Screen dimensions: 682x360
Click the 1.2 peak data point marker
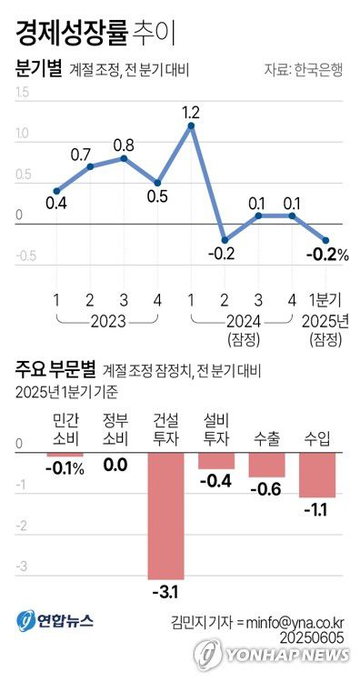tap(191, 125)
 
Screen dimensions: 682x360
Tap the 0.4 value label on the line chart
tap(55, 203)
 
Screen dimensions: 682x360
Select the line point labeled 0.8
tap(124, 157)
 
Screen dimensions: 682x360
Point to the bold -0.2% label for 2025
tap(329, 256)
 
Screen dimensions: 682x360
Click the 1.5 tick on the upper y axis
tap(23, 93)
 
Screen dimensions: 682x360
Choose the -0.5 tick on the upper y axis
tap(25, 257)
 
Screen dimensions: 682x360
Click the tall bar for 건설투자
tap(166, 514)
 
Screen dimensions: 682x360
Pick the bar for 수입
tap(317, 475)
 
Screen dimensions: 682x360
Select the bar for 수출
tap(266, 465)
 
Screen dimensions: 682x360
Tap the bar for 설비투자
tap(216, 460)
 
